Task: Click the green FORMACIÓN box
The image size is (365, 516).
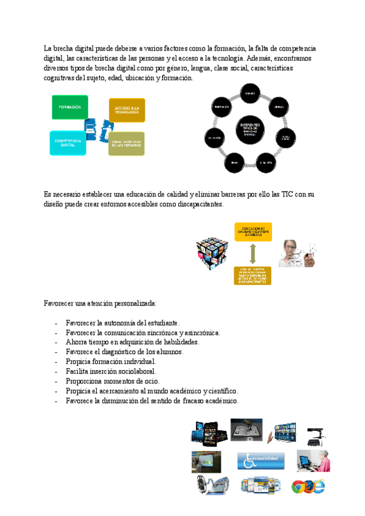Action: coord(70,107)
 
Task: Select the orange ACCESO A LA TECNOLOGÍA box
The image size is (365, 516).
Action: coord(127,110)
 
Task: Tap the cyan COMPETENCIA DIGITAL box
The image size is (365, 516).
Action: coord(68,143)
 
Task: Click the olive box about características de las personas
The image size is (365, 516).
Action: coord(127,144)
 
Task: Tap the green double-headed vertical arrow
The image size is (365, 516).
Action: coord(252,254)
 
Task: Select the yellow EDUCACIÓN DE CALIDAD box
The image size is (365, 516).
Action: coord(253,231)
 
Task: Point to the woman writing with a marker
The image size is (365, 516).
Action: coord(297,254)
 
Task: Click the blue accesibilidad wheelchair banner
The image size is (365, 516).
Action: coord(260,461)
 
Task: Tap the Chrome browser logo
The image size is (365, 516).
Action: coord(299,486)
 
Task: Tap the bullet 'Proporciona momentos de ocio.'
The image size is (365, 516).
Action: coord(109,381)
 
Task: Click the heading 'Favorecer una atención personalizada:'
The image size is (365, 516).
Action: coord(100,303)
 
